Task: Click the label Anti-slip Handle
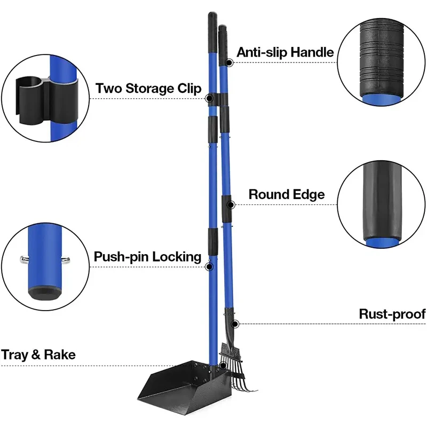(x=285, y=52)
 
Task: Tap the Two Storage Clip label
(x=148, y=88)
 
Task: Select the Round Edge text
(x=286, y=195)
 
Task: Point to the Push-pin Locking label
(x=147, y=257)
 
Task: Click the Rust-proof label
(x=392, y=314)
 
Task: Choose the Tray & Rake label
(x=38, y=354)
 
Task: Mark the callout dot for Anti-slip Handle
(x=228, y=62)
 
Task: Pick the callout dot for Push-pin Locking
(x=209, y=266)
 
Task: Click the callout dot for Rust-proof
(x=235, y=323)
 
